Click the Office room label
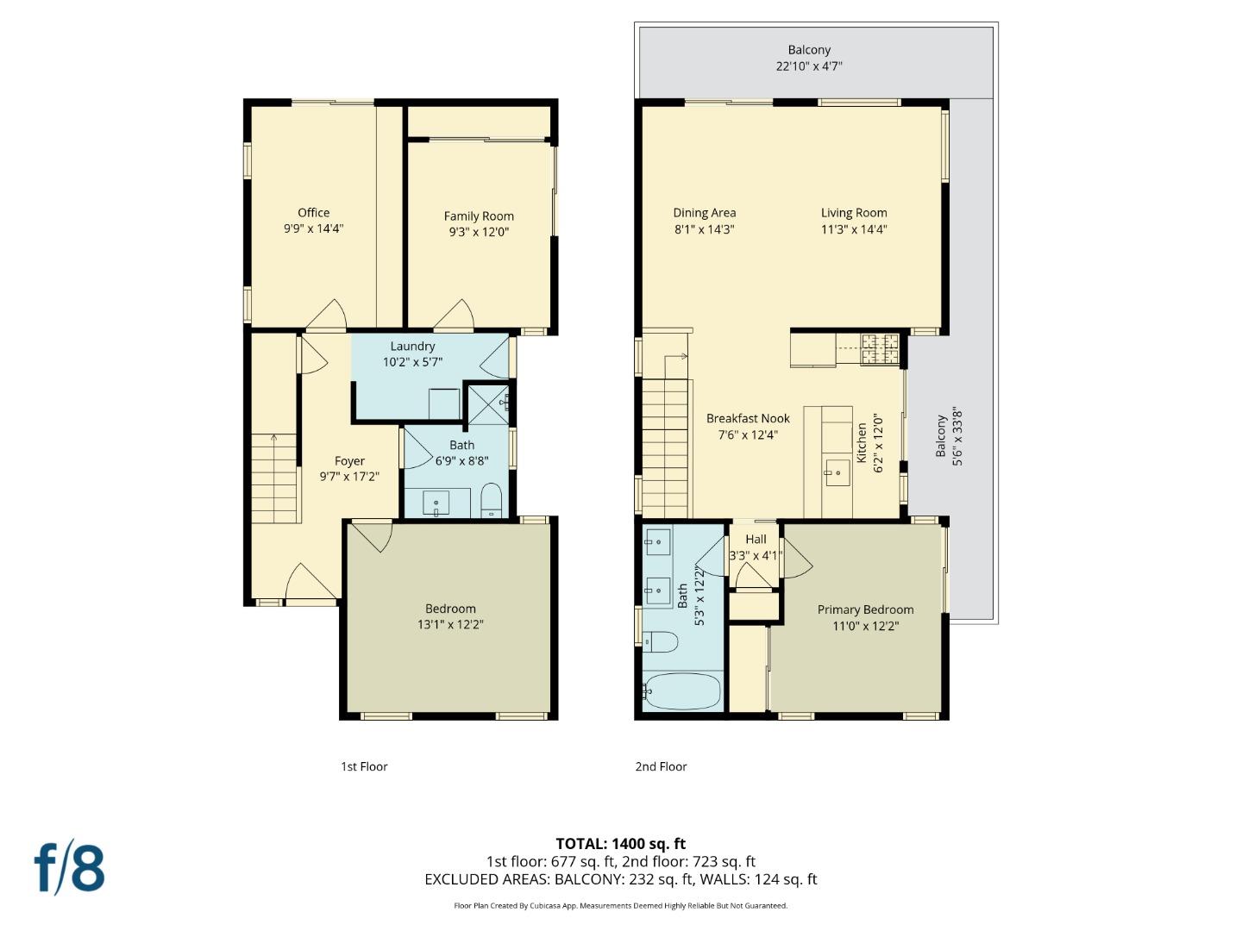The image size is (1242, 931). (x=313, y=213)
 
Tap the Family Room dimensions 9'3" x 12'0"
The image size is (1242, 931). (x=479, y=232)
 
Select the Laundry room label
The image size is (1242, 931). (x=412, y=347)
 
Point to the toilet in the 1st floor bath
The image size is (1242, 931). (x=491, y=499)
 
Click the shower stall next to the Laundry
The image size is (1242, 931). (x=488, y=404)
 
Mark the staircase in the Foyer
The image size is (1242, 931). (x=275, y=478)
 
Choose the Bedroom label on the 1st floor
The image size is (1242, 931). (x=450, y=609)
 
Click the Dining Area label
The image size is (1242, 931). (x=704, y=213)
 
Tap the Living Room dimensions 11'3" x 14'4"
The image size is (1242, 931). (x=854, y=229)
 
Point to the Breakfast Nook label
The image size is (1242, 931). (x=748, y=419)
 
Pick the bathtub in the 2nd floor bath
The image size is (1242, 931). (x=681, y=690)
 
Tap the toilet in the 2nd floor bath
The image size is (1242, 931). (x=660, y=641)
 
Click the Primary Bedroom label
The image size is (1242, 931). (x=865, y=609)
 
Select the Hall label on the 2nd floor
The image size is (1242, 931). (x=756, y=540)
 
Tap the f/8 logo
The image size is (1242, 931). (x=69, y=868)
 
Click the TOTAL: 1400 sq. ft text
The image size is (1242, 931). (x=620, y=844)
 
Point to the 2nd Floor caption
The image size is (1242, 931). (x=661, y=766)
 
